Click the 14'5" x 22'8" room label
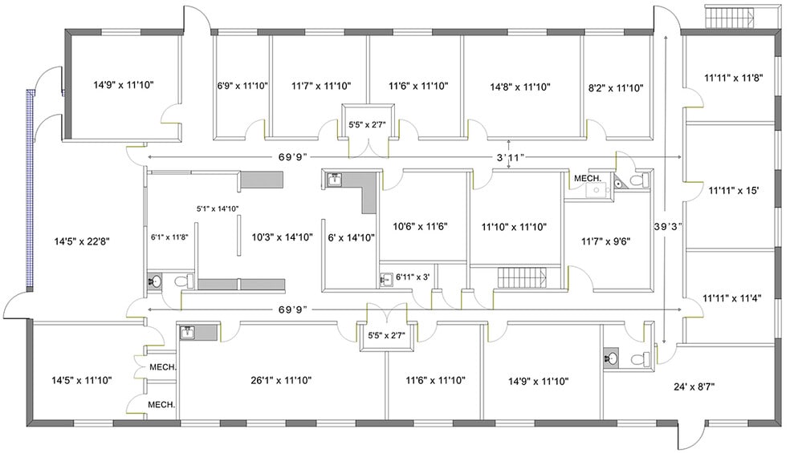(x=82, y=241)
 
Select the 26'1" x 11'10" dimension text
(x=281, y=381)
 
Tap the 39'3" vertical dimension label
(x=668, y=226)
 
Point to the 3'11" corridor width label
(x=511, y=157)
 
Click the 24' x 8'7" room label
(x=694, y=387)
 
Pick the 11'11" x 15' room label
(x=734, y=191)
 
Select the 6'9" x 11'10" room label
(x=242, y=86)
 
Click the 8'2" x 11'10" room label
(x=616, y=88)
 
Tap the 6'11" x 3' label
(x=413, y=277)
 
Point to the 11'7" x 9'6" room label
(x=605, y=241)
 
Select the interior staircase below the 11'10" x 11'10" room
(x=523, y=278)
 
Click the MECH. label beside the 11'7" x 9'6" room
(x=588, y=179)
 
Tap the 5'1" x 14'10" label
(x=218, y=208)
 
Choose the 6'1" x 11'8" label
(x=169, y=237)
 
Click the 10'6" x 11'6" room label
(x=420, y=227)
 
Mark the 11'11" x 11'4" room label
(x=732, y=298)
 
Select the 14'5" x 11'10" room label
(x=82, y=381)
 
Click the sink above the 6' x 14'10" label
(x=335, y=179)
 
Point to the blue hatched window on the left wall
(x=30, y=190)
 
